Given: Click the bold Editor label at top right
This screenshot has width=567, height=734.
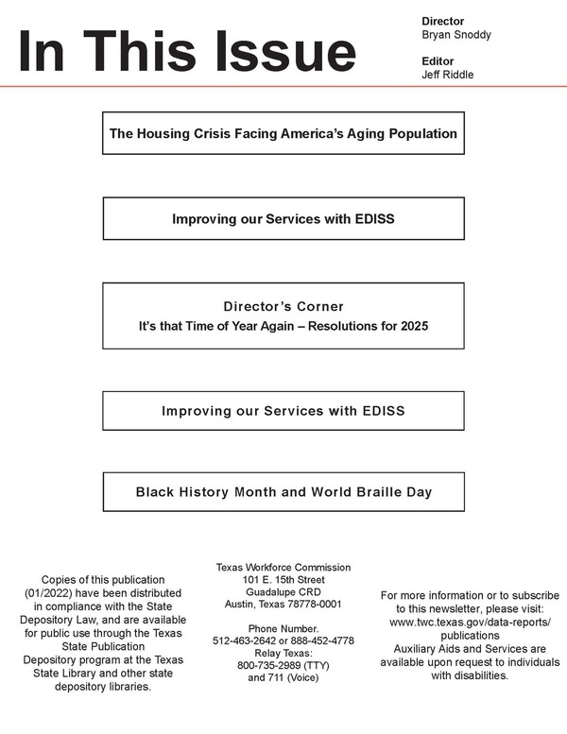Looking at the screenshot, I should click(438, 61).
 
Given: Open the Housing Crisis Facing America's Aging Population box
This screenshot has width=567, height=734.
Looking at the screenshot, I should click(283, 133).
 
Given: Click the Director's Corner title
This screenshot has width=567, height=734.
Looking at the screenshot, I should click(283, 306).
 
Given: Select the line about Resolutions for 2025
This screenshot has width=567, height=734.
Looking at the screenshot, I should click(283, 327).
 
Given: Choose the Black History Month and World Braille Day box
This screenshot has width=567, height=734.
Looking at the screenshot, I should click(283, 491).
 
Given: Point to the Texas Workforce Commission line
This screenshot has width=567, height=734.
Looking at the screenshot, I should click(283, 568).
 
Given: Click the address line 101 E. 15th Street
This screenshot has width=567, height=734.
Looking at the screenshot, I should click(283, 580).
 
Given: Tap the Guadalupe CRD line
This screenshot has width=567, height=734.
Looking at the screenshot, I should click(283, 592).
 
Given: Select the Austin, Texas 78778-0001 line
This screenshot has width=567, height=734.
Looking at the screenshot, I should click(283, 605).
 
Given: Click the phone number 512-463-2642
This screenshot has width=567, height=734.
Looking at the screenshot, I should click(249, 640).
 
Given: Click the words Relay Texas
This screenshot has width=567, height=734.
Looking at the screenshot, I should click(283, 653).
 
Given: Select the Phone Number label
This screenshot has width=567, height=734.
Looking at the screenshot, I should click(283, 628).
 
